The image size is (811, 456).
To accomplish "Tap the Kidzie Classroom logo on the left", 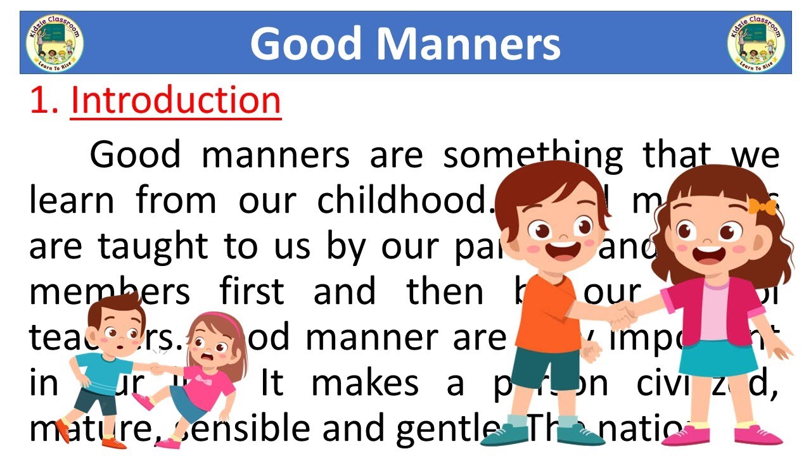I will click(x=54, y=42).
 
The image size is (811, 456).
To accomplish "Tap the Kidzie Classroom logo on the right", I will click(x=757, y=42).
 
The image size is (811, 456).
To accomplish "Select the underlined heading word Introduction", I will click(x=176, y=101).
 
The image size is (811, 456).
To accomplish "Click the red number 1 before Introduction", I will click(x=42, y=101).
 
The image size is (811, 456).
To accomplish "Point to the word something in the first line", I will click(x=533, y=155).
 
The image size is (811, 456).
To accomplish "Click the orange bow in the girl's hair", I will click(x=762, y=206).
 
